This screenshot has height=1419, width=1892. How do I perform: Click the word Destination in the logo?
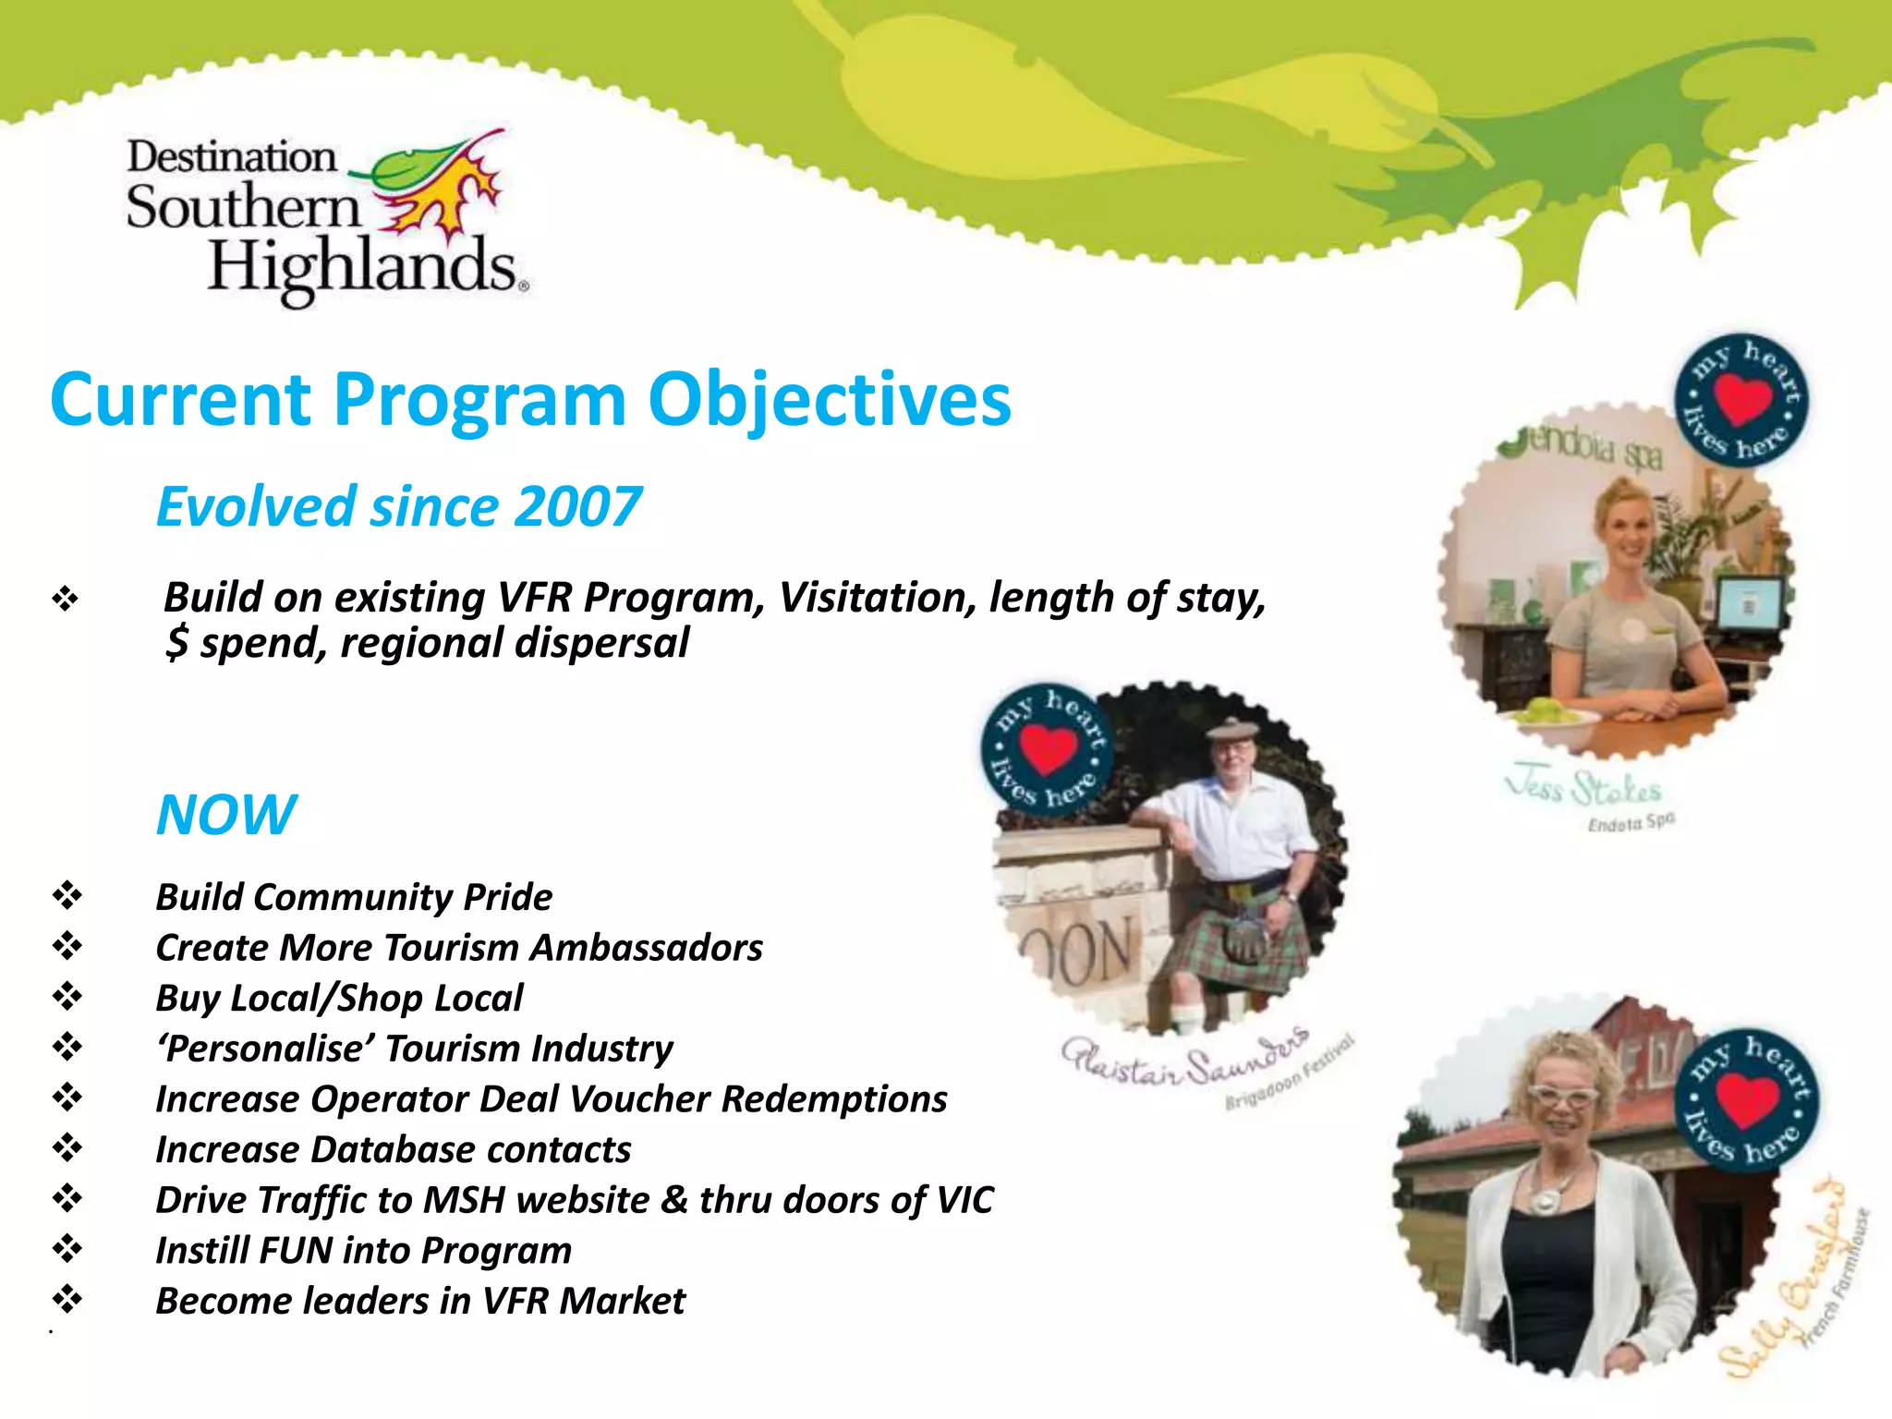(x=231, y=157)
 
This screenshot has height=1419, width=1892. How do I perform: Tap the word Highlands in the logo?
(x=362, y=267)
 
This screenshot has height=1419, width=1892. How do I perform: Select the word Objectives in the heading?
(x=829, y=400)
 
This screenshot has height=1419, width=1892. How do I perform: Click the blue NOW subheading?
(x=226, y=815)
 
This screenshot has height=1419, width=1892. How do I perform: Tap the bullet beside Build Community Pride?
(x=67, y=895)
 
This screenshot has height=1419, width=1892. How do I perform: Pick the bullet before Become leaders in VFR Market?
(x=67, y=1300)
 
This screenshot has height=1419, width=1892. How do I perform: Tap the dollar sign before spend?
(x=176, y=643)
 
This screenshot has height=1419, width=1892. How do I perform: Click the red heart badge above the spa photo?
(x=1742, y=400)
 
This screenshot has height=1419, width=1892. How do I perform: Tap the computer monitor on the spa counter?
(x=1748, y=604)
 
